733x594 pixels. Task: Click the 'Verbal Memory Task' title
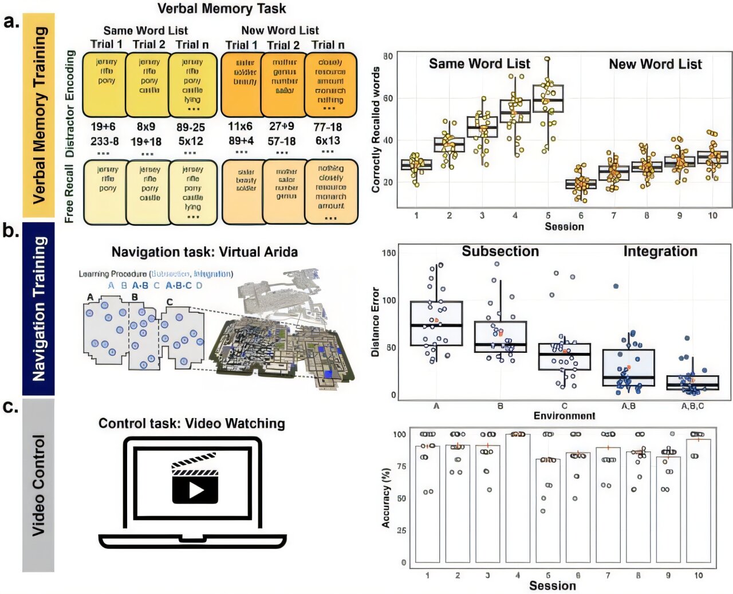(x=222, y=9)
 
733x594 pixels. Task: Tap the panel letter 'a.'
(x=12, y=22)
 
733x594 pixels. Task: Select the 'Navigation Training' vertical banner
(x=38, y=309)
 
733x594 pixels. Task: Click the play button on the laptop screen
(x=195, y=489)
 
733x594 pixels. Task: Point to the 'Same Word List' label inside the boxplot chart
(x=479, y=64)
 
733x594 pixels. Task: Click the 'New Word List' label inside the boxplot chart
(x=655, y=64)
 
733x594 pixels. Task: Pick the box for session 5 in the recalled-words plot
(x=548, y=99)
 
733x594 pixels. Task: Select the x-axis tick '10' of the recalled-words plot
(x=712, y=216)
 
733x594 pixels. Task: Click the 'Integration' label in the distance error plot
(x=660, y=251)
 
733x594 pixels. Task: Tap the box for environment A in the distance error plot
(x=436, y=324)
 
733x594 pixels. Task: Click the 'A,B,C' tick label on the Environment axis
(x=692, y=406)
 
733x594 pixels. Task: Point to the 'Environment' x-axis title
(x=564, y=416)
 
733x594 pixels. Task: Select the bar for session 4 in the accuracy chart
(x=518, y=498)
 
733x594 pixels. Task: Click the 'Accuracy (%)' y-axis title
(x=387, y=498)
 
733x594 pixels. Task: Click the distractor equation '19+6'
(x=103, y=127)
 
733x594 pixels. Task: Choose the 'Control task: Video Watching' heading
(x=192, y=423)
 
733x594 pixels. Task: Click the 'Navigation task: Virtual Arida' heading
(x=204, y=252)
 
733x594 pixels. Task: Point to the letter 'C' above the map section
(x=170, y=302)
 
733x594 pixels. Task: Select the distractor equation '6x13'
(x=328, y=140)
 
